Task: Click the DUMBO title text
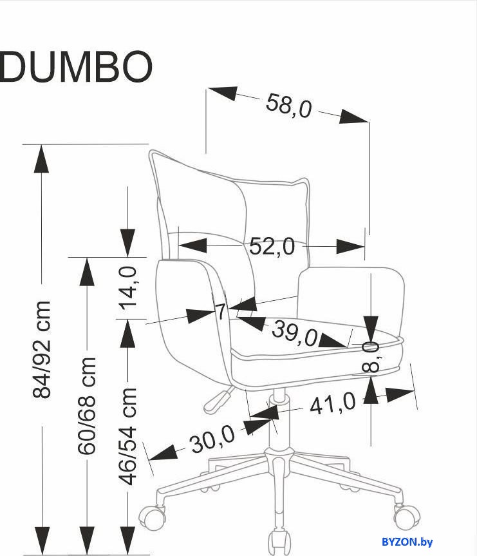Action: click(x=75, y=66)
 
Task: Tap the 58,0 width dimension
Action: click(x=288, y=105)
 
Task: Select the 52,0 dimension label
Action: click(x=272, y=246)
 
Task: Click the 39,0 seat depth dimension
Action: click(x=295, y=333)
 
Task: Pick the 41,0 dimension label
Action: click(x=332, y=403)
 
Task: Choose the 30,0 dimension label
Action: click(x=212, y=439)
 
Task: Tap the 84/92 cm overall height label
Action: click(x=42, y=349)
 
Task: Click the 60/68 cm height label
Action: click(x=87, y=405)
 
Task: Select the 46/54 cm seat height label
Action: click(x=127, y=436)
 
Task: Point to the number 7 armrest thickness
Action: click(x=221, y=312)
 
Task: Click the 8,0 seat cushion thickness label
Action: click(x=371, y=357)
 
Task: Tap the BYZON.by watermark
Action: click(x=407, y=542)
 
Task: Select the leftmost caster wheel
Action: click(x=152, y=517)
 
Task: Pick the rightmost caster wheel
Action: click(x=406, y=517)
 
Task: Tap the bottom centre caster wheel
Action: click(x=279, y=542)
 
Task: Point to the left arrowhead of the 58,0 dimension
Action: click(x=222, y=93)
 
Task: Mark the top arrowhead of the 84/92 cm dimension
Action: click(x=42, y=159)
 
